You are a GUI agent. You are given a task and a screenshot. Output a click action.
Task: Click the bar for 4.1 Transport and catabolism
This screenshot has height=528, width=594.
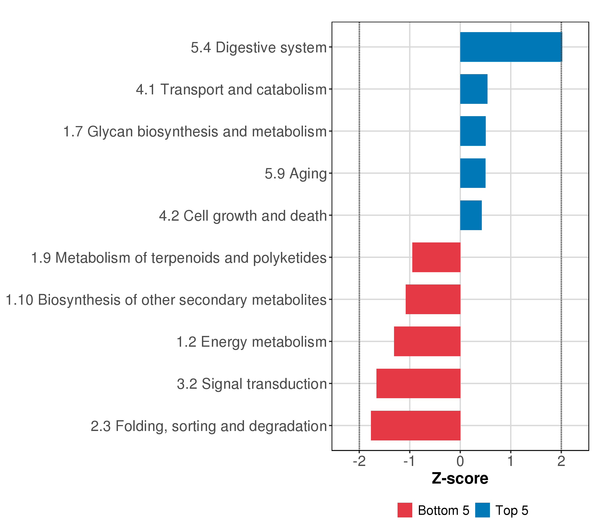pos(474,89)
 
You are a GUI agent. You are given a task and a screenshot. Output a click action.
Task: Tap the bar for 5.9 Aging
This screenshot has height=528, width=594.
pos(473,173)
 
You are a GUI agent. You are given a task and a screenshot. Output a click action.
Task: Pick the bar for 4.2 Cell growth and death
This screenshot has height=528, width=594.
pos(471,215)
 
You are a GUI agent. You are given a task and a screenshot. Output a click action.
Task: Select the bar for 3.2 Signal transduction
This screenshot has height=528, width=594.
pos(418,384)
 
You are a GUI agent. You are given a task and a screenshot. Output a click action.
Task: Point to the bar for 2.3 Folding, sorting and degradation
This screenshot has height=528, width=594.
pos(416,426)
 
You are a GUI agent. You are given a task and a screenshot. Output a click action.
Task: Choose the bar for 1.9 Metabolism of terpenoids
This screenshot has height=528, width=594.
pos(436,257)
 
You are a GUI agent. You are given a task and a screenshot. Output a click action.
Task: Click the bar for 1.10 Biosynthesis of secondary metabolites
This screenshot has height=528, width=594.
pos(433,299)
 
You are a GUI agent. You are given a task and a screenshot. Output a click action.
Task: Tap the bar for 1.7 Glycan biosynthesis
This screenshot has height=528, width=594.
pos(473,131)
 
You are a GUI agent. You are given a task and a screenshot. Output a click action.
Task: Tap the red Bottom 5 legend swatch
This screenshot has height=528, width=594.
pos(405,510)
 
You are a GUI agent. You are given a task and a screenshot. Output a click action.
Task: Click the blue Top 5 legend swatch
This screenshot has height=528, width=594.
pos(482,510)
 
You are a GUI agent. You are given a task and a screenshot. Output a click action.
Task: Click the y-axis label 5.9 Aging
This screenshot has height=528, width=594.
pos(295,174)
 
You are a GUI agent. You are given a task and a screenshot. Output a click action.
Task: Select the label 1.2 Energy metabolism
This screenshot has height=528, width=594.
pos(252,342)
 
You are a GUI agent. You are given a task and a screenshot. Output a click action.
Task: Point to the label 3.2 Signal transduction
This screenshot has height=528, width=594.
pos(252,384)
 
